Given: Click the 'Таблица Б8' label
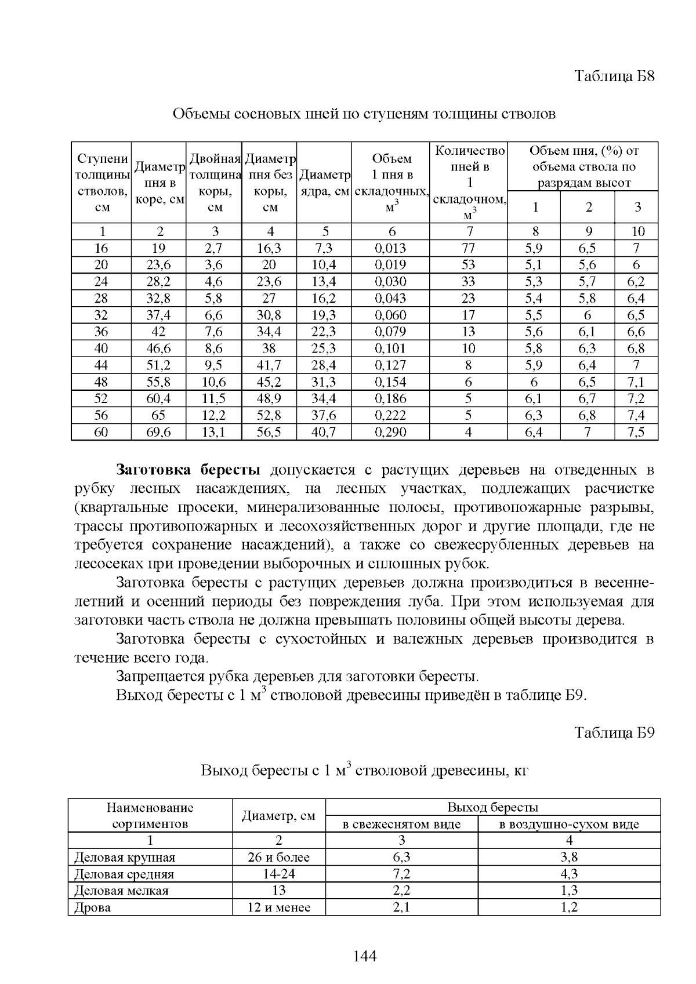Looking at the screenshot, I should click(x=614, y=76).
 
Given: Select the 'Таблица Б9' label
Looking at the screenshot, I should click(x=614, y=732).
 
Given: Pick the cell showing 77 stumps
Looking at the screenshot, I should click(x=468, y=248).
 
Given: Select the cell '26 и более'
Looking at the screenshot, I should click(x=278, y=857).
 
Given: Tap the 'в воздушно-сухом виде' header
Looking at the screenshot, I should click(x=569, y=824).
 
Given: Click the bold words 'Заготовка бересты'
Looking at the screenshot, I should click(x=188, y=469).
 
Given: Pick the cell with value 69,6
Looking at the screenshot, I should click(x=158, y=432).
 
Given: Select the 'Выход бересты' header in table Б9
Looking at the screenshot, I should click(x=492, y=807).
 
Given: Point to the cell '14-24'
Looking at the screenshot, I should click(x=278, y=874).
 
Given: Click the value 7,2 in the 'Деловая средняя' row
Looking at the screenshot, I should click(x=401, y=874).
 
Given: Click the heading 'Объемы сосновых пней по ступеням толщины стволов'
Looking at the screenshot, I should click(x=364, y=114).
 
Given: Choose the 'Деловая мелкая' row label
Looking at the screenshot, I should click(x=121, y=891).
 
